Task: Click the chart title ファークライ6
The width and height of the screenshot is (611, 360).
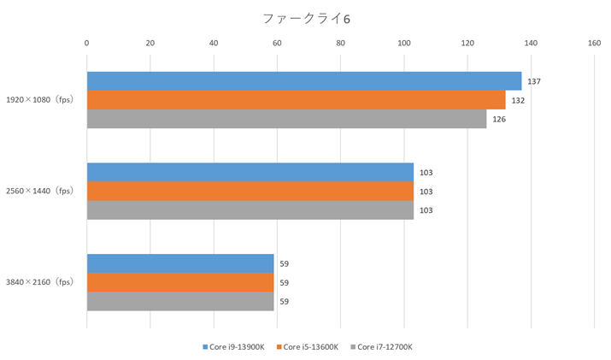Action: [305, 17]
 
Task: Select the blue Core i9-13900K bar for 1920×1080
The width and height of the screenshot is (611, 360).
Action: [303, 81]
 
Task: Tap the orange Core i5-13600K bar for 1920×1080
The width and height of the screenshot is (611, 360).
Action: [296, 100]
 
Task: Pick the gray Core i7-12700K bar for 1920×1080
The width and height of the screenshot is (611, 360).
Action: [286, 119]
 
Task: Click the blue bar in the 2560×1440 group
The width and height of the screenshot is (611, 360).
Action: [250, 172]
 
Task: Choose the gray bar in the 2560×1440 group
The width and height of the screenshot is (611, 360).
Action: [250, 210]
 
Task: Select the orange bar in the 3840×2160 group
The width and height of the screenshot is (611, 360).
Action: [179, 282]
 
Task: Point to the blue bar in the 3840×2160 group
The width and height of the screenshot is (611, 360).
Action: [179, 263]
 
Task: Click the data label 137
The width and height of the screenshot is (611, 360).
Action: [534, 81]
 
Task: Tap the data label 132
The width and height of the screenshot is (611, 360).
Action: [518, 100]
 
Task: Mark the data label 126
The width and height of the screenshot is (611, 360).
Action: [499, 119]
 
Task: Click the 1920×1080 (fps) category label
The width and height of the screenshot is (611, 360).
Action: [40, 100]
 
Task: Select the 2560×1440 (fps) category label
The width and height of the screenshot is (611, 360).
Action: [40, 191]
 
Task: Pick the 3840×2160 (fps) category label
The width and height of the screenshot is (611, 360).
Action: [40, 282]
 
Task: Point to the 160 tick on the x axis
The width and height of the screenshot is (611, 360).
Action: [594, 42]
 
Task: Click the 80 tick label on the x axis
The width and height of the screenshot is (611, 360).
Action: [340, 42]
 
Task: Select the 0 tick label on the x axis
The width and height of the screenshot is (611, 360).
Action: [86, 42]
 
